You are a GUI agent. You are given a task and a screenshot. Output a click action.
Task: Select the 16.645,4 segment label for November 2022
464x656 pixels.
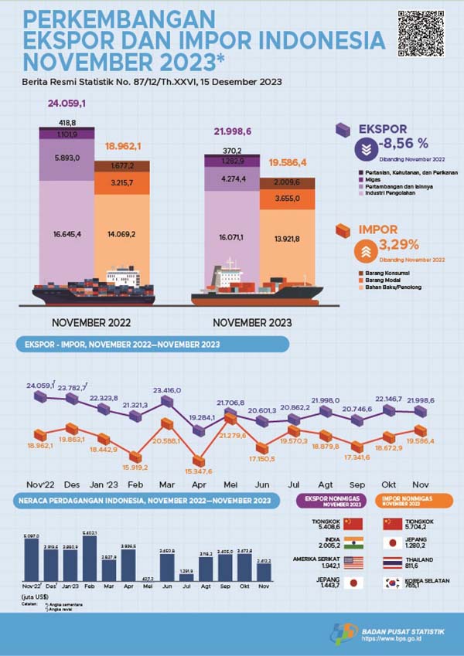pos(67,233)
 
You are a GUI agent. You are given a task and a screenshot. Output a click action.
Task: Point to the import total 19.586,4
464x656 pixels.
pos(288,163)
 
